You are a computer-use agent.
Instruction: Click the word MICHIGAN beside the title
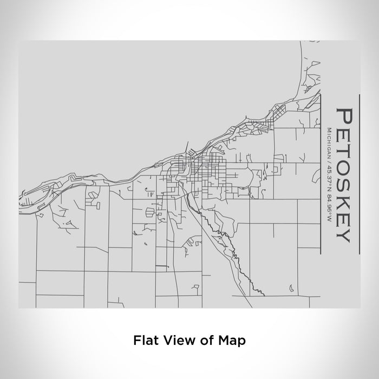(329, 142)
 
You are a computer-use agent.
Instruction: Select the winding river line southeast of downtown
(227, 244)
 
